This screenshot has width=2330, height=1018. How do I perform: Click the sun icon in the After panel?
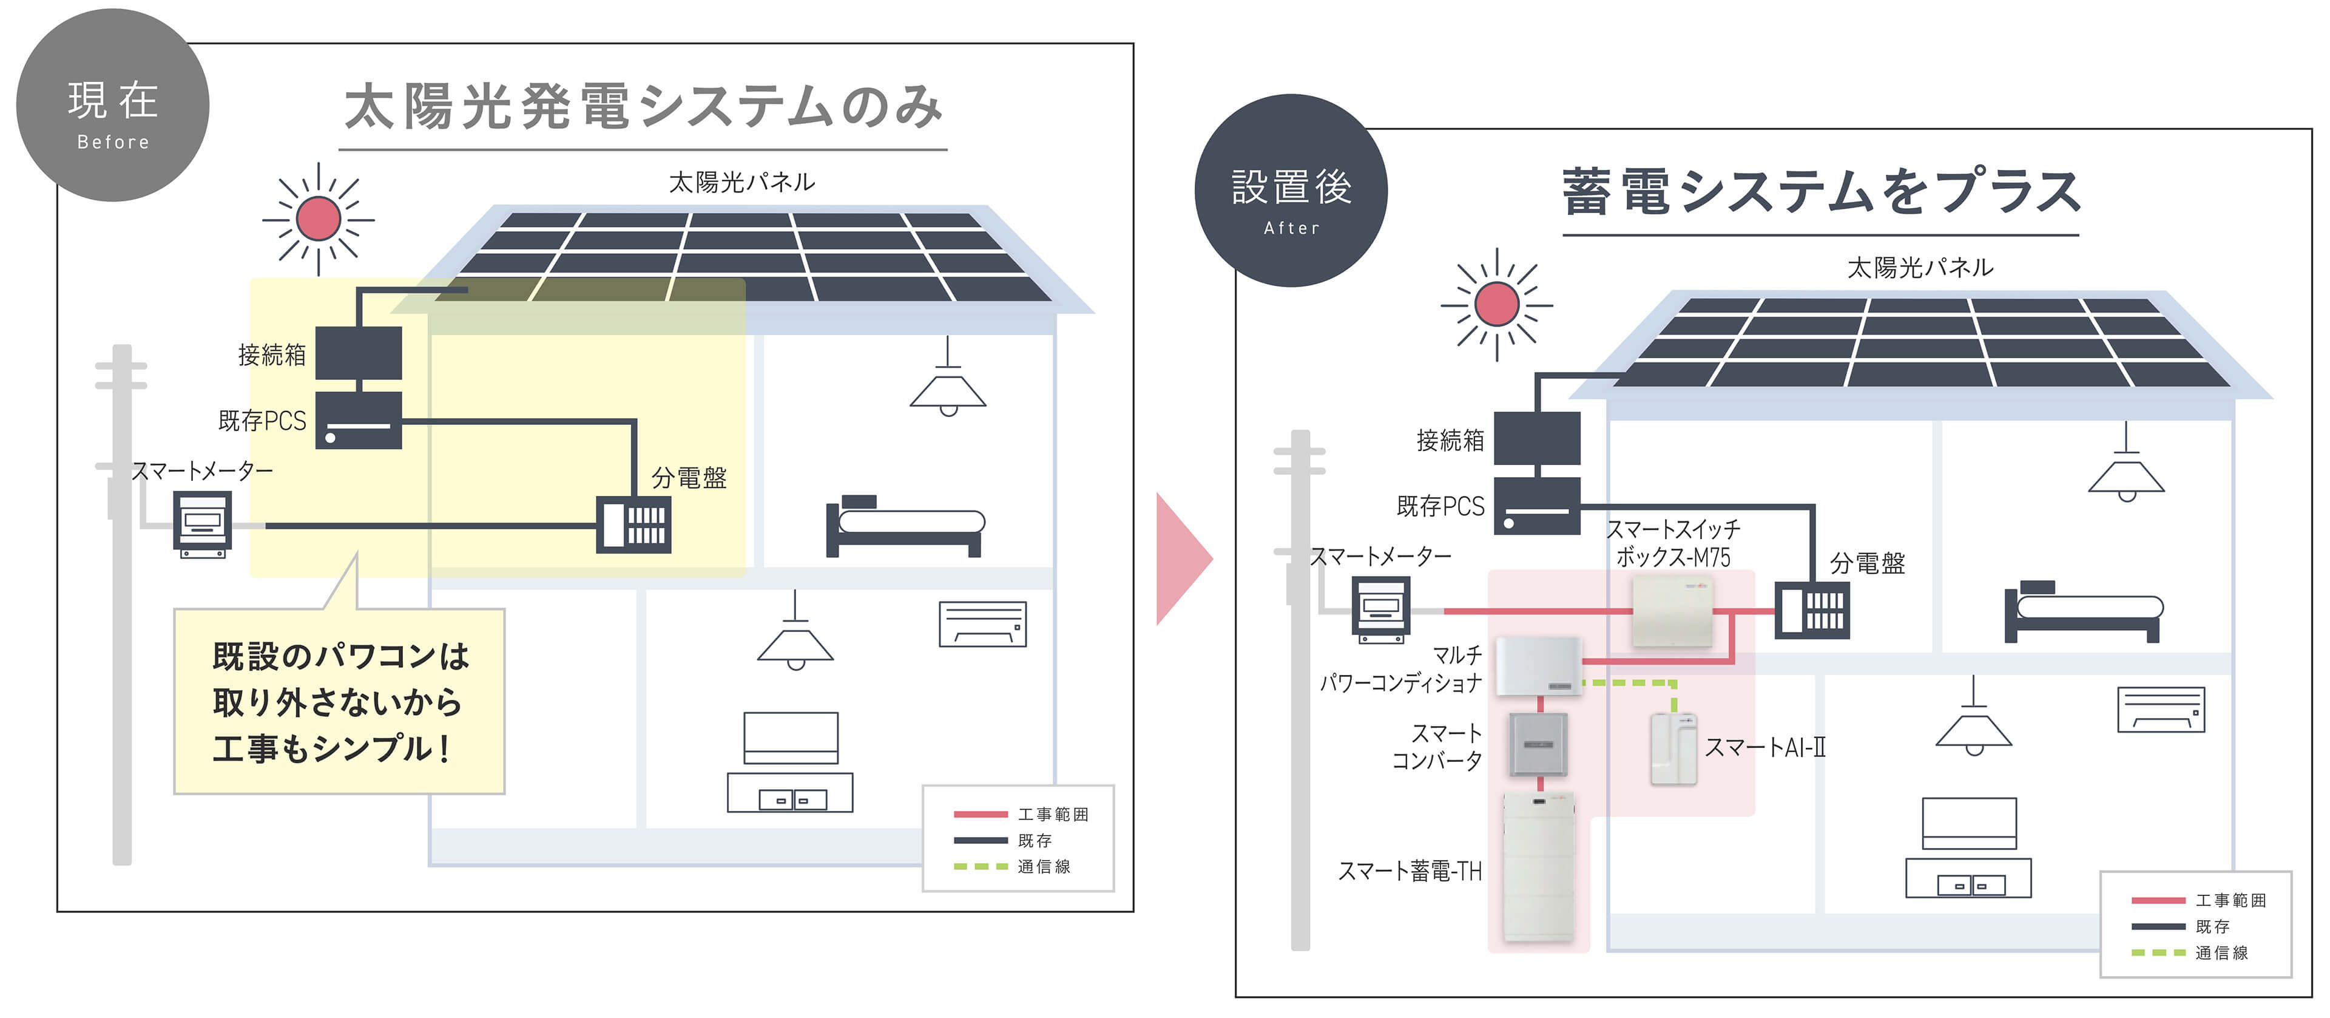(1496, 304)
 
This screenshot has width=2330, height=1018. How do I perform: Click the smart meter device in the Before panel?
(203, 523)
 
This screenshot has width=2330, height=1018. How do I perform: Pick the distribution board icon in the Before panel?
(633, 524)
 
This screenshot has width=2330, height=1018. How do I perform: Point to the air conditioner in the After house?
(2161, 710)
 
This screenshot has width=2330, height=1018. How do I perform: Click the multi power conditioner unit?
(1538, 666)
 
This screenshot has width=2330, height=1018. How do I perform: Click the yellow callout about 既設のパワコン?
(339, 701)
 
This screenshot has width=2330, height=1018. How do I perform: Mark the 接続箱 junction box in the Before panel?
(358, 353)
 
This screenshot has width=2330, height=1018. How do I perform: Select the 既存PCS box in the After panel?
(1537, 506)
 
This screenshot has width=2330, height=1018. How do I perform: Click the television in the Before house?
(791, 738)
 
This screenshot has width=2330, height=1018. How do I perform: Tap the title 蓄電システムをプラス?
(1820, 192)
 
